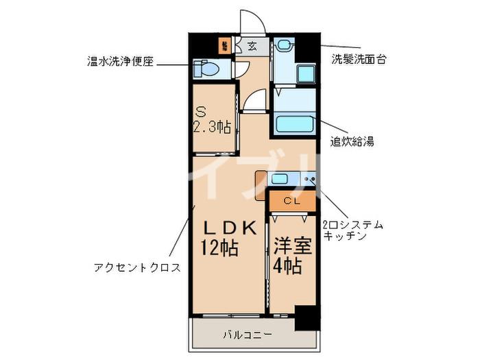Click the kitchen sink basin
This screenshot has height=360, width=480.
coord(280,180)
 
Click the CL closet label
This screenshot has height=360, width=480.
coord(291,201)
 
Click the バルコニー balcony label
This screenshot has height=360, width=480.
coord(248,335)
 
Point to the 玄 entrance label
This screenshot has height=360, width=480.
coord(252,47)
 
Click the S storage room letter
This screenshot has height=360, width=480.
coord(201,110)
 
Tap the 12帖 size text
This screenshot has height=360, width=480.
coord(219,248)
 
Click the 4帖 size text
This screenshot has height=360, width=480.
coord(289,265)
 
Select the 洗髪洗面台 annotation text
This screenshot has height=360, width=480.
coord(359,58)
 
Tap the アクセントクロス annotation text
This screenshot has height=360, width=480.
coord(137,267)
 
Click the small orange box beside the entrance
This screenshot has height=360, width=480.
coord(224,47)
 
